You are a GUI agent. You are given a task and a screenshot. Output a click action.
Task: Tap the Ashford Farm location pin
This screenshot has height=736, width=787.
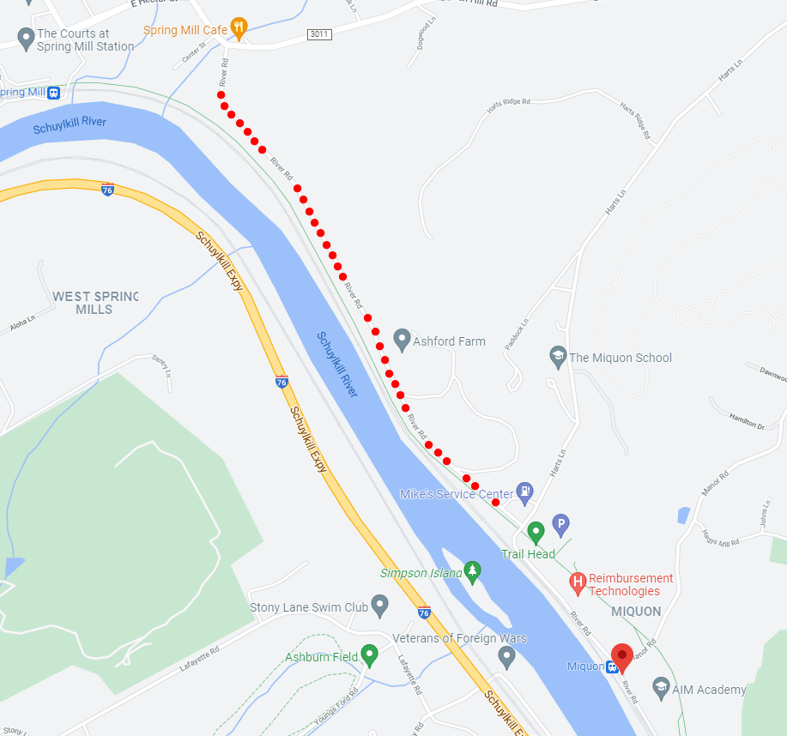[x=401, y=340]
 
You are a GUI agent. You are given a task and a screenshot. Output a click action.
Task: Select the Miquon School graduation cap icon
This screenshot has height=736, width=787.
[x=557, y=357]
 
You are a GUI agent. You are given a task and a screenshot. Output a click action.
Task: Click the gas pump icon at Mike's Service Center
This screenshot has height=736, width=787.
[x=525, y=492]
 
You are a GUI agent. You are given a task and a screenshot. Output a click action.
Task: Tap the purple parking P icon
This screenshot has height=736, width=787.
[x=560, y=522]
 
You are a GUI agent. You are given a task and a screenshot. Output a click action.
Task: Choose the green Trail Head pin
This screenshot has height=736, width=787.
[x=536, y=532]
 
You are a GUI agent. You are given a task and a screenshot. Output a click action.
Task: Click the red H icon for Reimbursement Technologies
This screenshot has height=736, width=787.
[x=578, y=583]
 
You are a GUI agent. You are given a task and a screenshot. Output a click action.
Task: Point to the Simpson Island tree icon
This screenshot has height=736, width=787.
[x=472, y=572]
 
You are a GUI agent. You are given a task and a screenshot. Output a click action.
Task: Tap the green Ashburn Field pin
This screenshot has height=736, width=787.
[x=369, y=655]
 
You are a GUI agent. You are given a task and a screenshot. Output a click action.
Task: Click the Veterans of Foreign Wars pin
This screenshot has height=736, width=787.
[x=506, y=657]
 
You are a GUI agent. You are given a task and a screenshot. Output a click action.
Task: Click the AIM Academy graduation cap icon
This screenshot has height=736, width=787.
[x=661, y=688]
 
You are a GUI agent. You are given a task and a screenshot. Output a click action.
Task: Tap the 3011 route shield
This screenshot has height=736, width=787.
[x=318, y=33]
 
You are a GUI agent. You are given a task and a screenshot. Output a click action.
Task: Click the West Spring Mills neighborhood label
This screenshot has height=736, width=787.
[x=94, y=302]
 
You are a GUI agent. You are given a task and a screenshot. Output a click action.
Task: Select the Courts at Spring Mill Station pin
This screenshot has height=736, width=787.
[x=25, y=39]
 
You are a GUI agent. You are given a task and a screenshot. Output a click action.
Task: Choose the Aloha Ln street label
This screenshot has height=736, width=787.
[x=22, y=323]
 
